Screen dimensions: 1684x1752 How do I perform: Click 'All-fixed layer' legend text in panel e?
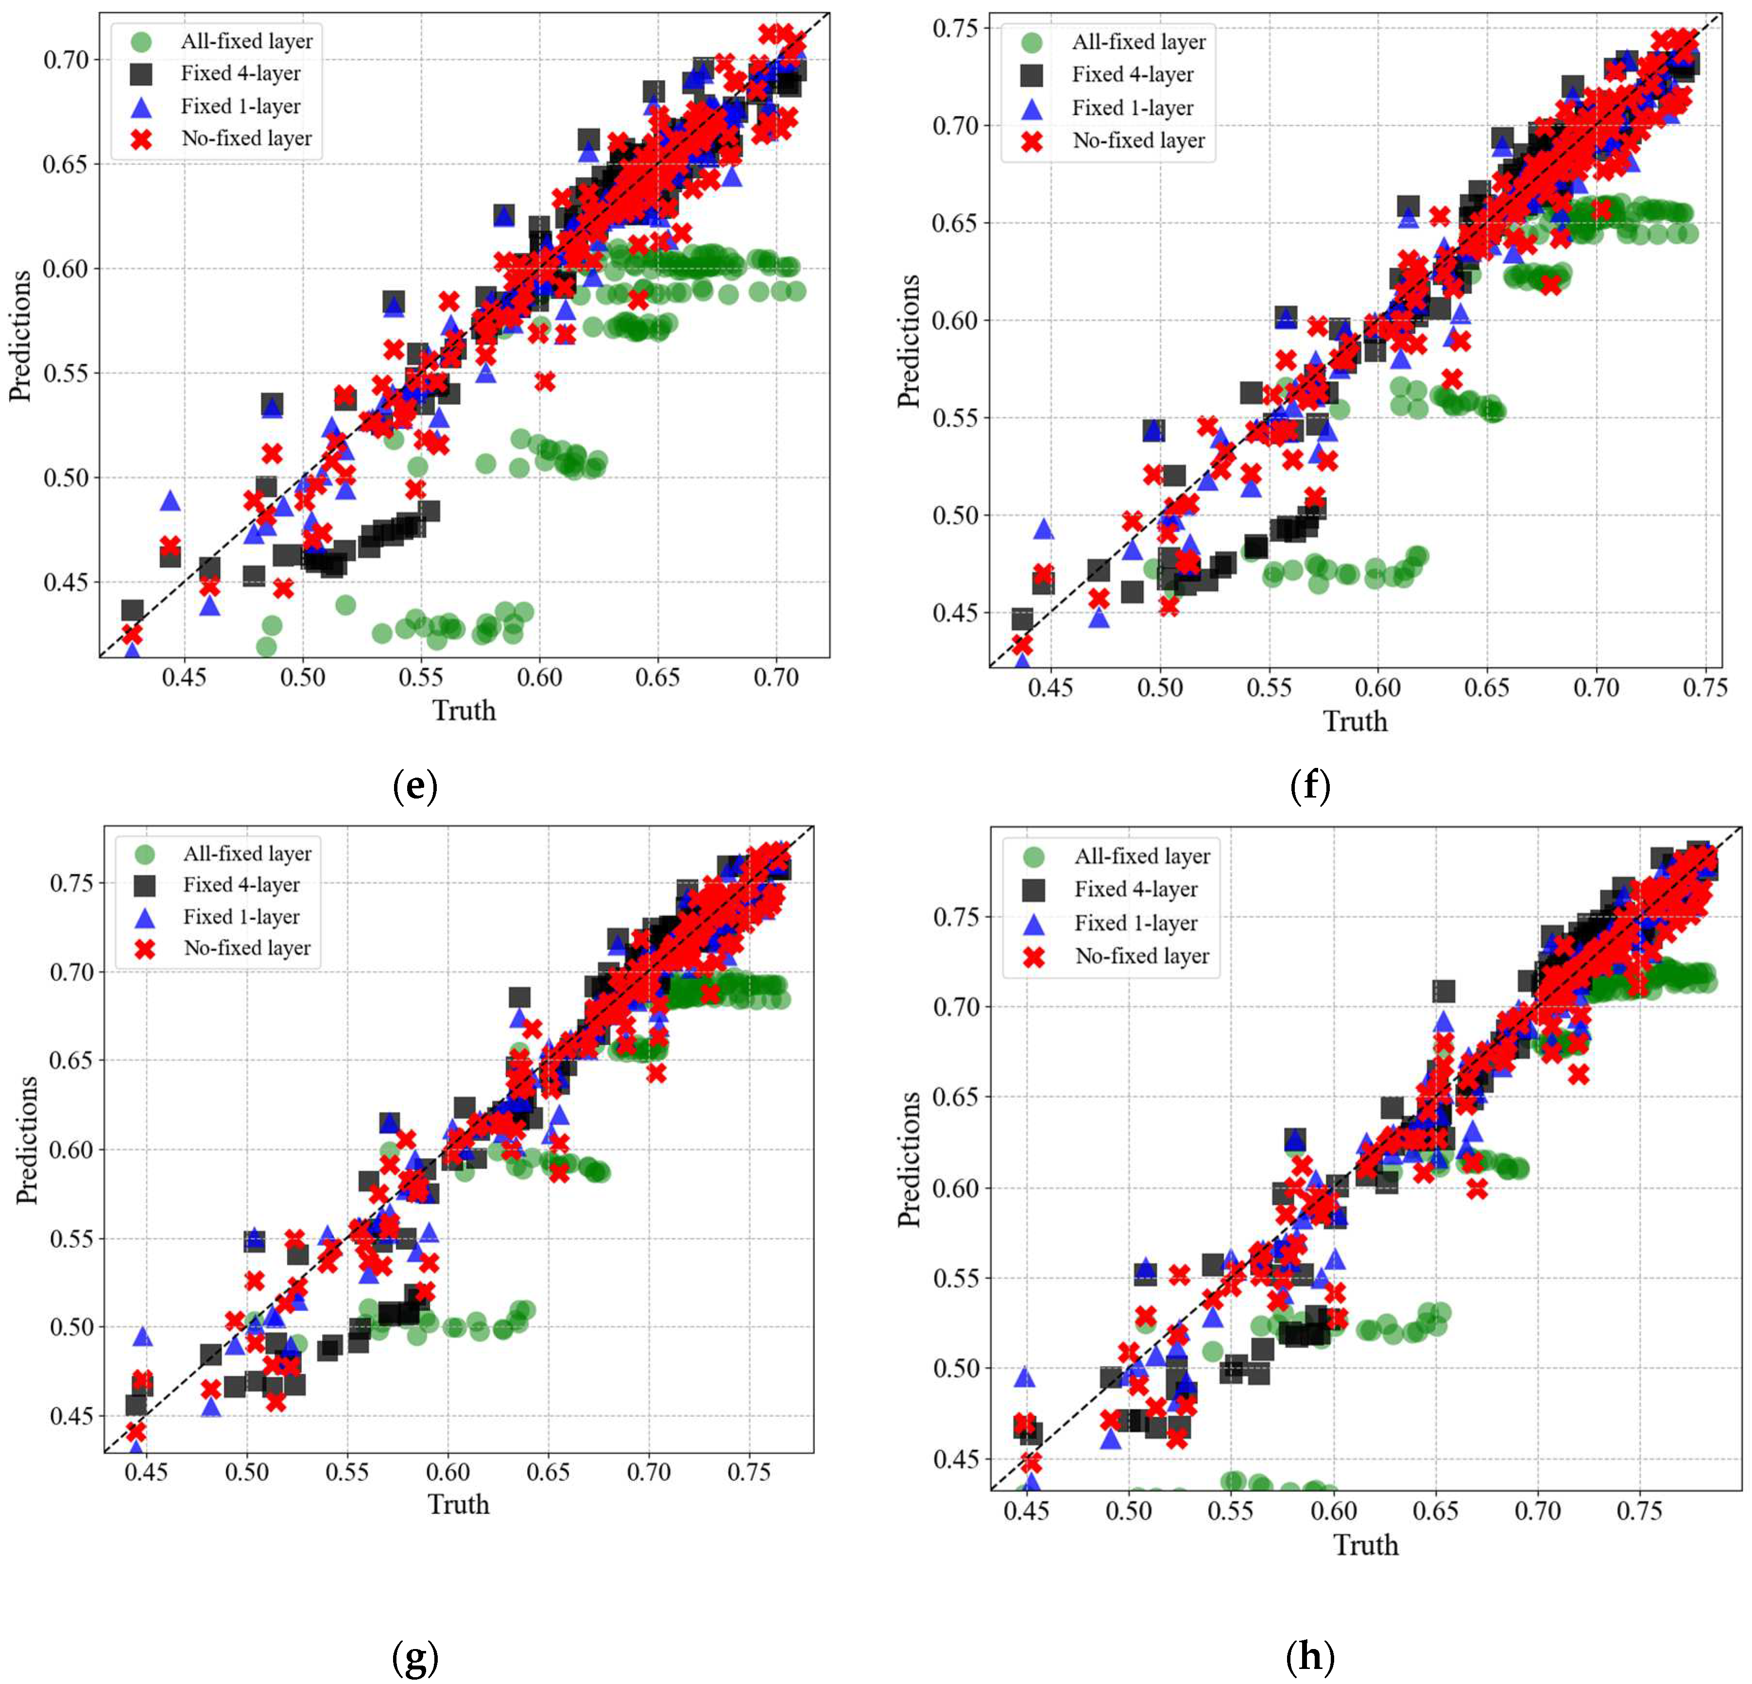[247, 41]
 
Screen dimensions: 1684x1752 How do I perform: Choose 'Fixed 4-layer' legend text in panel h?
[1135, 889]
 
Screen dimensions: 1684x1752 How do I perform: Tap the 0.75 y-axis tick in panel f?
[955, 29]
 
